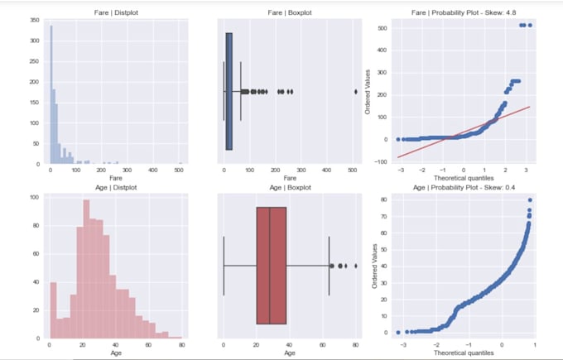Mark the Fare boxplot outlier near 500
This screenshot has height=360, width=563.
pos(356,92)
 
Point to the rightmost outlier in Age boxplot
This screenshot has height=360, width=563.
pos(356,266)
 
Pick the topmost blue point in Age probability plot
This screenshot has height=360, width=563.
pos(529,200)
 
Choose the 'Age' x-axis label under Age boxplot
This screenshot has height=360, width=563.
pos(290,353)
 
